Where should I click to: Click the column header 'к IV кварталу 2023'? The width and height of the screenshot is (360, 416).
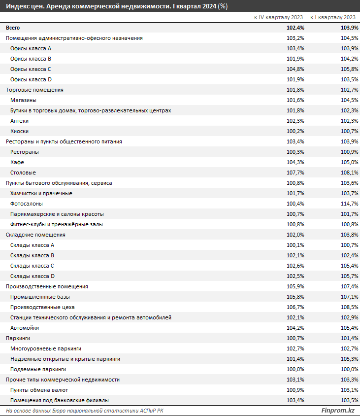tap(278, 17)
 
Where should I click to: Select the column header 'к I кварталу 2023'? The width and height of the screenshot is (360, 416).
tap(335, 17)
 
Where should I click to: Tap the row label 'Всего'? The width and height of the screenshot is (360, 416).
tap(13, 28)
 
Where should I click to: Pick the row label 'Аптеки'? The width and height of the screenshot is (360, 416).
tap(20, 121)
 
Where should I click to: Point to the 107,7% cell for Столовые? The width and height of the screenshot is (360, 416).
tap(295, 173)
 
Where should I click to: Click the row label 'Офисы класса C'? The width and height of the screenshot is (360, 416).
tap(31, 69)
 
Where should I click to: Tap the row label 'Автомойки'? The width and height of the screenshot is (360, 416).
tap(25, 328)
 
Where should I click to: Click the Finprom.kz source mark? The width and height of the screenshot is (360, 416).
tap(338, 411)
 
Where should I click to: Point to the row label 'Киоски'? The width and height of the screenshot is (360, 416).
tap(20, 131)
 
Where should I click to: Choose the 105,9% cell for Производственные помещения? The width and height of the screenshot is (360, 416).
tap(295, 286)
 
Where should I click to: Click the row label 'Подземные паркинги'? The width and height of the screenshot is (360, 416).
tap(38, 369)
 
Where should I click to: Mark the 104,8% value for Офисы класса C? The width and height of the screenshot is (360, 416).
tap(295, 69)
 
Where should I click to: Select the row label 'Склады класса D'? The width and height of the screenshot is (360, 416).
tap(33, 276)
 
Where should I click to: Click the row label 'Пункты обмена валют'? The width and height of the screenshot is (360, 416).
tap(39, 390)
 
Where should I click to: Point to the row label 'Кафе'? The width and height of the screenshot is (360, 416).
tap(17, 162)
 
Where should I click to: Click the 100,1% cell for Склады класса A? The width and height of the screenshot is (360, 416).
tap(295, 245)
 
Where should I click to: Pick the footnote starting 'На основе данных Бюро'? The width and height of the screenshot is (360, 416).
tap(85, 411)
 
